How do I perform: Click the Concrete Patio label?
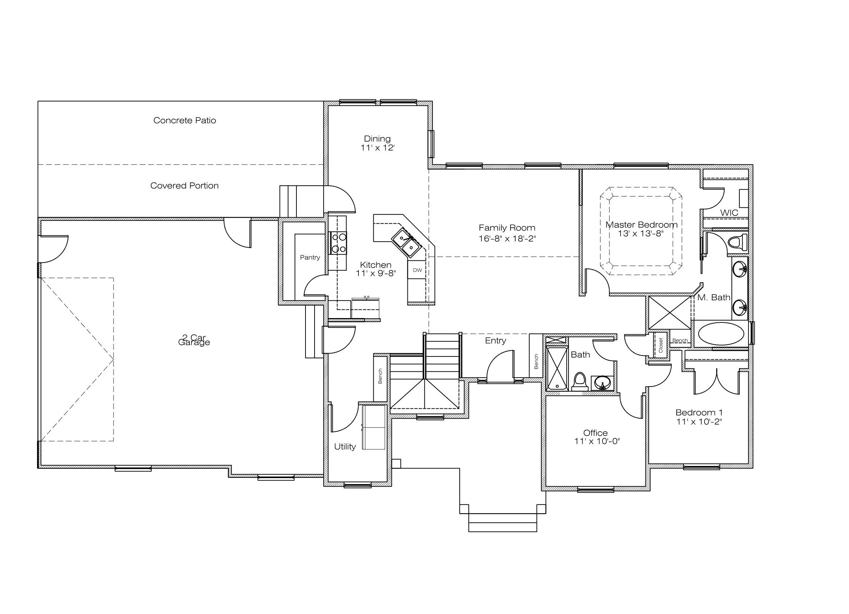point(185,120)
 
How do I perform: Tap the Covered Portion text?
point(185,186)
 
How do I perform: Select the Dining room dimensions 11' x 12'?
point(378,148)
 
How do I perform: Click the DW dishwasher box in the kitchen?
point(417,270)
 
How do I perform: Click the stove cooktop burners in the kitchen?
point(338,243)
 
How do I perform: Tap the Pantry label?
point(310,257)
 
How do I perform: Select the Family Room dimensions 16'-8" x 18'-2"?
point(507,239)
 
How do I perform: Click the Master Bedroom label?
point(641,225)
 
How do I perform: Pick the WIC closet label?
point(729,213)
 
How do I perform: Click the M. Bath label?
point(714,297)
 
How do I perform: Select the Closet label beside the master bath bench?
point(661,345)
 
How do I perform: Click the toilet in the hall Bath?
point(580,381)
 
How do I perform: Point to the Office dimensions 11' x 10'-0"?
point(597,441)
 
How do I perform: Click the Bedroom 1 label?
point(699,413)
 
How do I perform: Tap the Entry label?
point(496,341)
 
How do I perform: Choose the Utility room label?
point(345,447)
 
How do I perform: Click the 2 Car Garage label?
point(194,340)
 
